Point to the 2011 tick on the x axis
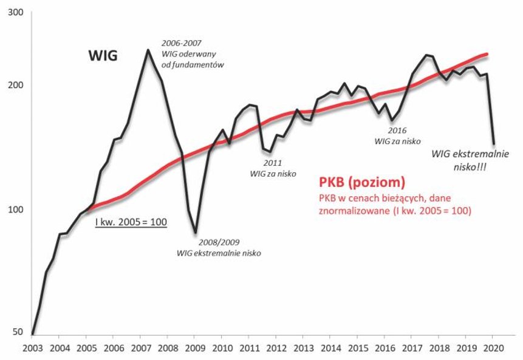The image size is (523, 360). point(249,350)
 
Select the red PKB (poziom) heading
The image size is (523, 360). point(362,182)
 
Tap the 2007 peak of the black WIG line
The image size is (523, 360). point(147,50)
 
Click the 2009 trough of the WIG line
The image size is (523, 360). point(195,232)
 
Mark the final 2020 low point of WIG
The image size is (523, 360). point(493,143)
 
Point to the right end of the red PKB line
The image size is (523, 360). point(487,54)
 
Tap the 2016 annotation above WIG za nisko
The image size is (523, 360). point(395,131)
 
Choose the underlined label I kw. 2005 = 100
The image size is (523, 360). point(131,223)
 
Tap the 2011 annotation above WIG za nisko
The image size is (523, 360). point(272,163)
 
